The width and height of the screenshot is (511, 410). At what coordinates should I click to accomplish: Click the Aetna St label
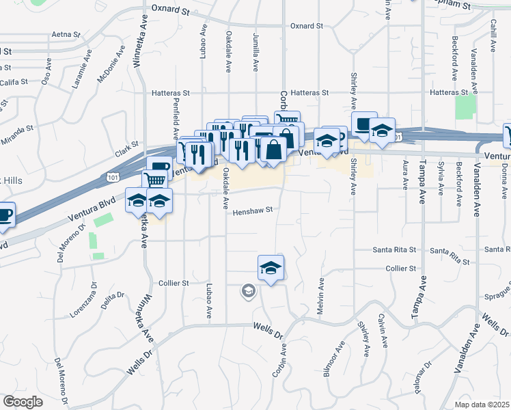tap(66, 33)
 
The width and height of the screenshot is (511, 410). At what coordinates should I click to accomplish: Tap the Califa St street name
tap(13, 81)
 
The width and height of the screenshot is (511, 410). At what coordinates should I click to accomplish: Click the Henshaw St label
tap(252, 210)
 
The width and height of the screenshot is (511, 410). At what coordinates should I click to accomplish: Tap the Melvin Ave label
tap(320, 295)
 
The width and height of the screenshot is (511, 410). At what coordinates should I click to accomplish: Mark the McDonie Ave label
tap(112, 64)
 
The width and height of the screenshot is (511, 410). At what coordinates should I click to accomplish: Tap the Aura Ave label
tap(406, 176)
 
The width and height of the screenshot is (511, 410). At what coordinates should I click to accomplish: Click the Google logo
tap(23, 402)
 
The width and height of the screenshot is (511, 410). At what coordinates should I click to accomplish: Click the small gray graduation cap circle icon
tap(247, 292)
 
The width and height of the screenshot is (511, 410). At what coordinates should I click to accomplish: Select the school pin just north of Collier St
tap(271, 268)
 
